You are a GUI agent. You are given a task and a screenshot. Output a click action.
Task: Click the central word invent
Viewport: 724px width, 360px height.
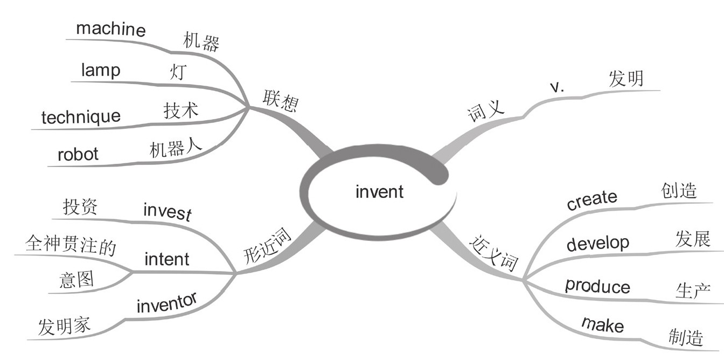tap(379, 191)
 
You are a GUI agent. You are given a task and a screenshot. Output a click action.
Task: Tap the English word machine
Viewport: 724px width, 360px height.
tap(110, 29)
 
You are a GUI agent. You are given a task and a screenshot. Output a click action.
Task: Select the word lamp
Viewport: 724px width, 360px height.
tap(101, 70)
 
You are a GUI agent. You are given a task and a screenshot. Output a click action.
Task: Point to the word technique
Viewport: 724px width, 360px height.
tap(81, 116)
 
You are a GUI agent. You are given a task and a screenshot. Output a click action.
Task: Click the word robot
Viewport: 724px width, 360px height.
tap(78, 155)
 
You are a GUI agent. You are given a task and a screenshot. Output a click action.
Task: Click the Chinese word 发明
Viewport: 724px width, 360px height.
tap(626, 79)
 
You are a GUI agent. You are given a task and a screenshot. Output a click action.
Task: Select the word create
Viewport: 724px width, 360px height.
tap(592, 200)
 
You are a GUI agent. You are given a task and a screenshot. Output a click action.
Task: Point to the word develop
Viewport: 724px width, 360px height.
tap(597, 244)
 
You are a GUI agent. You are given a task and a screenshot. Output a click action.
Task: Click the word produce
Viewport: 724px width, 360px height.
tap(597, 286)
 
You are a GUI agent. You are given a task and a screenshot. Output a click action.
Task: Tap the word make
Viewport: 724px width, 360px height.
tap(602, 324)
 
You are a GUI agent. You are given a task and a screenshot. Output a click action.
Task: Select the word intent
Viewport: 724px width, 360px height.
tap(167, 259)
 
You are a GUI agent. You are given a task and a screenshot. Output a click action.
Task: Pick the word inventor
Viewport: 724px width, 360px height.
tap(166, 303)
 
